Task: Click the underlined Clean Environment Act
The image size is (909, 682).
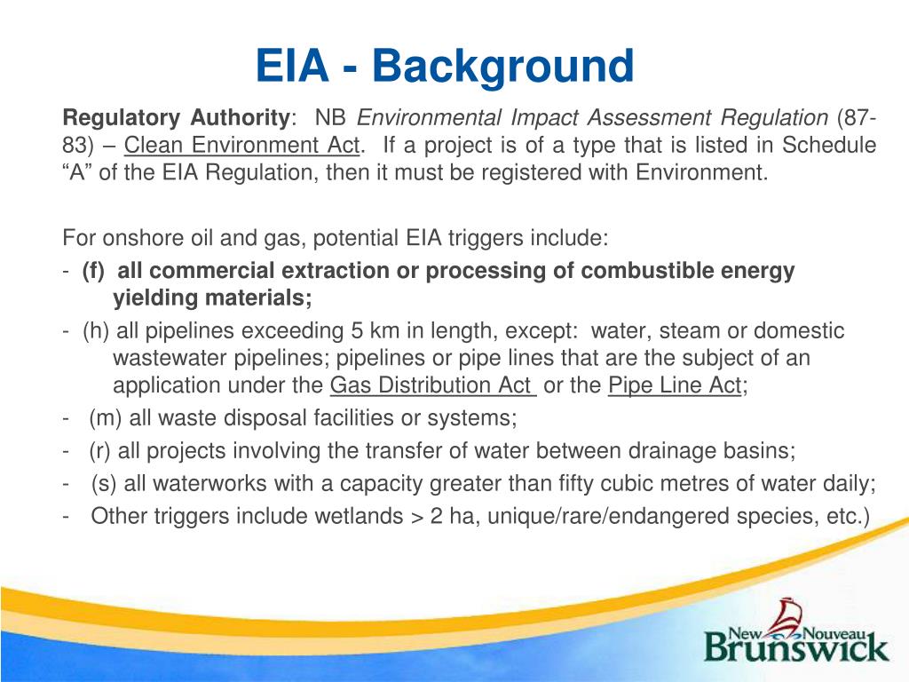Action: click(x=242, y=145)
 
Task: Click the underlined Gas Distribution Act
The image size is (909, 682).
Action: click(x=432, y=386)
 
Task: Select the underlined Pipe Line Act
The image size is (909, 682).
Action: click(x=675, y=386)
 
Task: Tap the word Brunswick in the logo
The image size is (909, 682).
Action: click(x=796, y=646)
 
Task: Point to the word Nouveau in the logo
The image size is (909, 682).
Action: click(x=841, y=632)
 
